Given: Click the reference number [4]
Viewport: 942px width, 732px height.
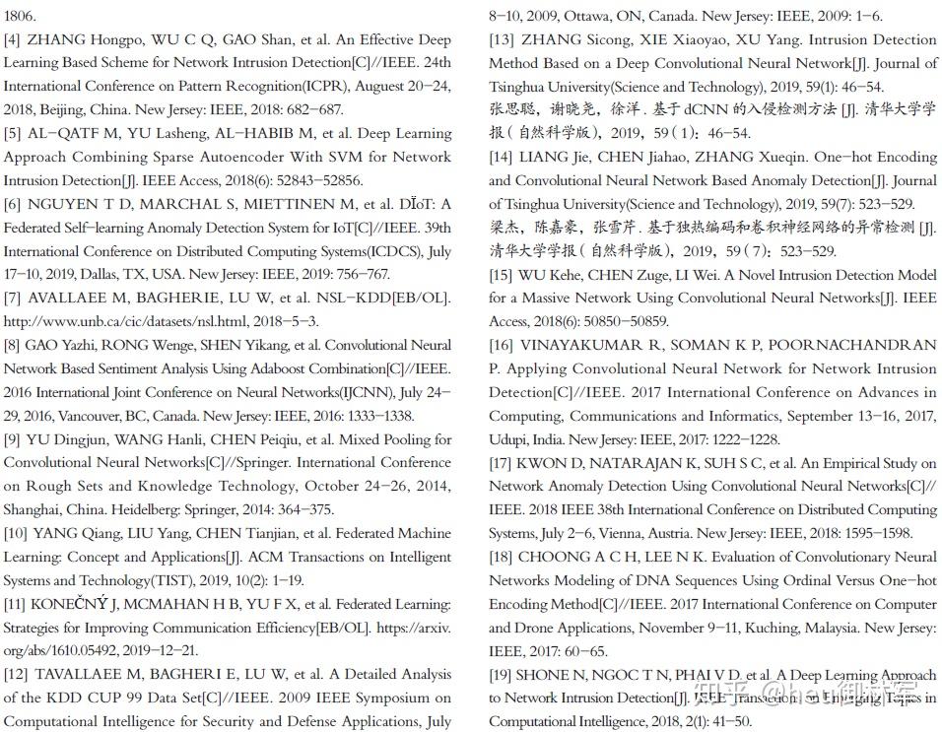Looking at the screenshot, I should pos(13,40).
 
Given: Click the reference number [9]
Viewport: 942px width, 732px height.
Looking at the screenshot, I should pos(13,439).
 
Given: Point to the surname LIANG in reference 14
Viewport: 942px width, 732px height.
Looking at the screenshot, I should pos(543,157).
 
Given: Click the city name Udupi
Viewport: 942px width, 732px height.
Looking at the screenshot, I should pos(508,439).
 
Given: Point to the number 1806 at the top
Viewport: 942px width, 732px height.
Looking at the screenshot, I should pos(20,17).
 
